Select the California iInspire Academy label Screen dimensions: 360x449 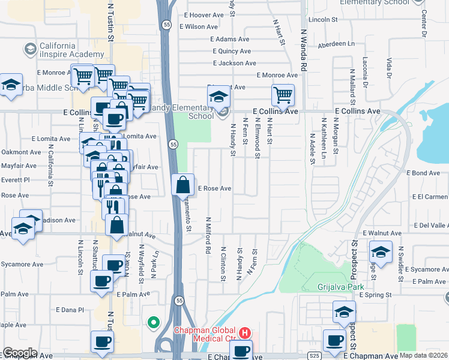pos(58,50)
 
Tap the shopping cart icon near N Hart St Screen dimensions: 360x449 pos(283,94)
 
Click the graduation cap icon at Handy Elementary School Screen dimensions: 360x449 pos(218,95)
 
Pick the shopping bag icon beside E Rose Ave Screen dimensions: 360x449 pos(182,185)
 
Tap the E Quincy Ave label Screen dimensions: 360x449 pos(230,51)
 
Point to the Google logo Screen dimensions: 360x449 pos(20,353)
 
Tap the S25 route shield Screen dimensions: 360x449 pos(314,356)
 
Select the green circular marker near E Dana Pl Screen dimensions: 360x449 pos(154,323)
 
